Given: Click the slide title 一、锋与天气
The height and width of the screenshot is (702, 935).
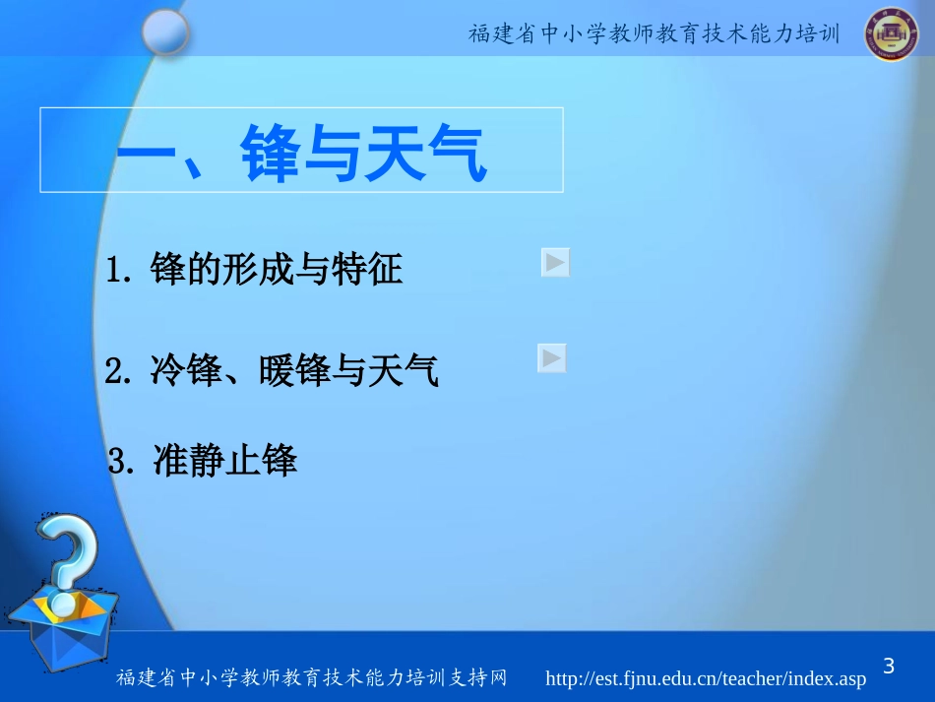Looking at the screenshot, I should click(301, 156).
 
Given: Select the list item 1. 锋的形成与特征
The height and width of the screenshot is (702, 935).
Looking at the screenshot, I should click(255, 268).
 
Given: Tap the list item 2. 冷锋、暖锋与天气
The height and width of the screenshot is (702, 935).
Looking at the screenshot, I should click(272, 371).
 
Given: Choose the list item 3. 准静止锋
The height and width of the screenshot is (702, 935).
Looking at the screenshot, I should click(203, 460).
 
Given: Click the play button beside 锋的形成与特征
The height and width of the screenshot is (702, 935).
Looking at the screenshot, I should click(555, 263).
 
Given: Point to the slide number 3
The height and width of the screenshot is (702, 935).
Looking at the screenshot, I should click(889, 667).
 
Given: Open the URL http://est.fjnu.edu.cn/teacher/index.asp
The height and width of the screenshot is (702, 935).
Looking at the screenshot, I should click(706, 679).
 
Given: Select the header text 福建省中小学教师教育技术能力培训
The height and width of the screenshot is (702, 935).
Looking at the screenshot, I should click(654, 34).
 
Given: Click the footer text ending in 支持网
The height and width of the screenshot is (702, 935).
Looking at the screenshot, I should click(312, 679).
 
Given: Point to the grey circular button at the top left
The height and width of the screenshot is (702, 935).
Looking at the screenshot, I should click(164, 33).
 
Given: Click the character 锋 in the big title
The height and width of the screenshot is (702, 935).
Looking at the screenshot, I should click(270, 156).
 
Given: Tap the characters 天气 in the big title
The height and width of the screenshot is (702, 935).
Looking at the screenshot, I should click(425, 156).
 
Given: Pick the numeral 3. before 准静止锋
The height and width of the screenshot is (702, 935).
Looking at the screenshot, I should click(122, 461).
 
